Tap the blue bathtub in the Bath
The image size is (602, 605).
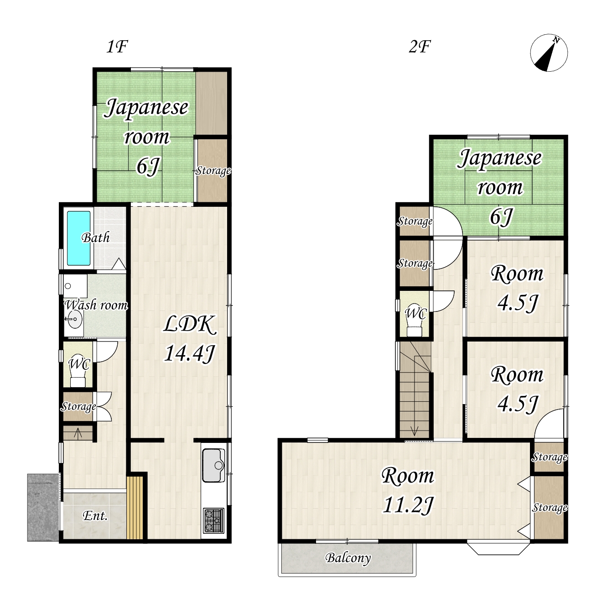coord(78,238)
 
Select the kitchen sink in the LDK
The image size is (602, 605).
coord(213,465)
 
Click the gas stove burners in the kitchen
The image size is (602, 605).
coord(213,521)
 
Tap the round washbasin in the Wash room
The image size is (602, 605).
coord(75,319)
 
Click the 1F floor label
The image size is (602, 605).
coord(117,47)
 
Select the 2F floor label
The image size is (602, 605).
coord(420,47)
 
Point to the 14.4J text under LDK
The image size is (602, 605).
coord(189,353)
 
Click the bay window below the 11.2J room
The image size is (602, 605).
coord(498,548)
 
